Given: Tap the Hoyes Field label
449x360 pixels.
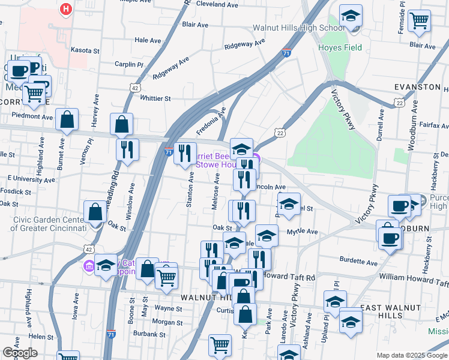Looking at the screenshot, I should pos(340,47).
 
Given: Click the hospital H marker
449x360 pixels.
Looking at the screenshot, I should pos(66,9).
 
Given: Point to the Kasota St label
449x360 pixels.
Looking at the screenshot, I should pos(84,50).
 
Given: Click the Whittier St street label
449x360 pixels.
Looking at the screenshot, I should pos(155,98).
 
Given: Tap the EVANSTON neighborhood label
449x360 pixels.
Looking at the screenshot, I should pos(417,87).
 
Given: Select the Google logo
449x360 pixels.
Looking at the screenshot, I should pos(19,353).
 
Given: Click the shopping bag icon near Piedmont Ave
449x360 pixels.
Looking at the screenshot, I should pos(67,120).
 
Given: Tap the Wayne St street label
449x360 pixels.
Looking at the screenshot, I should pos(167,308).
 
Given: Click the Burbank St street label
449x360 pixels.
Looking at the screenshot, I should pos(149,333).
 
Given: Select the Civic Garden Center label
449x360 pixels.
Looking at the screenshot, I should pos(48,223).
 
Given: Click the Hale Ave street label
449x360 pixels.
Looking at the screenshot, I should pos(148,40).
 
